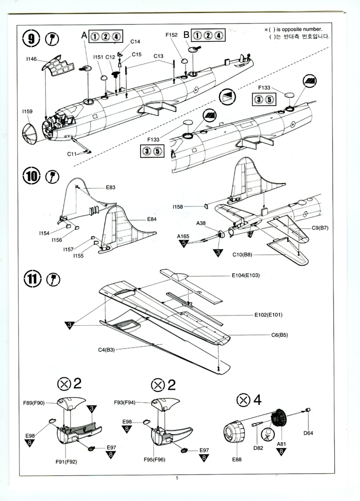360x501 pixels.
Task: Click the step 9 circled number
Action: click(x=32, y=38)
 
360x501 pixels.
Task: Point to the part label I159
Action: click(x=27, y=111)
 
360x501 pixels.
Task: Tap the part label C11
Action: click(x=72, y=154)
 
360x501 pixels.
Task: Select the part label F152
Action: click(x=172, y=35)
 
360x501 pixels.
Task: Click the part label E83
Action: click(x=110, y=187)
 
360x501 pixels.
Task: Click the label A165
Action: click(x=183, y=236)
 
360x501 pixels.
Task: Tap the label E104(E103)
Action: click(x=246, y=276)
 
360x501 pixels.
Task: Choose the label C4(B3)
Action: click(x=106, y=350)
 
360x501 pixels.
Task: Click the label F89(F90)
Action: click(x=34, y=403)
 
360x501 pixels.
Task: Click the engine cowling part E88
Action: click(x=234, y=433)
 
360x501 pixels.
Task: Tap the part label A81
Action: click(x=281, y=444)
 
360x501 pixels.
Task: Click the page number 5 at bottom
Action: click(x=178, y=478)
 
